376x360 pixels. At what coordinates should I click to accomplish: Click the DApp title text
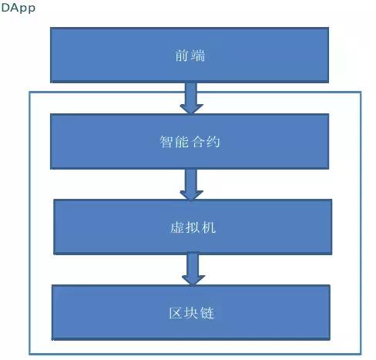point(18,8)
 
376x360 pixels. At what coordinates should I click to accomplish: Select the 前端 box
point(190,55)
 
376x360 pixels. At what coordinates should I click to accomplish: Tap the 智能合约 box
point(190,141)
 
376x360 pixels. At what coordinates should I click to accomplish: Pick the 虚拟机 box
point(193,227)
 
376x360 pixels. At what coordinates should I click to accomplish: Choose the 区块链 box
point(191,313)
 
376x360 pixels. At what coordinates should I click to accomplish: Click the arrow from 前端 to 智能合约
point(191,98)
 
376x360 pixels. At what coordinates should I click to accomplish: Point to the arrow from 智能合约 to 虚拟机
point(191,184)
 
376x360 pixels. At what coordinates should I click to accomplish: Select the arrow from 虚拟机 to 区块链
point(193,270)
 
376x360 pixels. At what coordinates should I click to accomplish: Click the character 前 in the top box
point(182,56)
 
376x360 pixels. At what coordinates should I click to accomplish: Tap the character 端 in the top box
point(198,56)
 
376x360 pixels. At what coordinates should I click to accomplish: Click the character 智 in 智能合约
point(166,142)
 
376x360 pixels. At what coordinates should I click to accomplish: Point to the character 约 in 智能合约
point(213,142)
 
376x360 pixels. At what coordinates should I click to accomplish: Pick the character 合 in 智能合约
point(198,142)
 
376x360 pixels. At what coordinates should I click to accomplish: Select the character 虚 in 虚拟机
point(177,227)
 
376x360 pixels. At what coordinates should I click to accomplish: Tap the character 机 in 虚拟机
point(209,227)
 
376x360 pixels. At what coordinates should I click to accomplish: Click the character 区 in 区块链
point(176,313)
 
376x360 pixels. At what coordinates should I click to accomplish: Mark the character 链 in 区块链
point(207,313)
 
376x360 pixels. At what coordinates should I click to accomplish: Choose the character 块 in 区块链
point(191,313)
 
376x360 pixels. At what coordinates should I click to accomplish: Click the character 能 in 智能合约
point(182,142)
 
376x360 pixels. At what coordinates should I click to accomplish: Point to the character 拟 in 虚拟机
point(193,227)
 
